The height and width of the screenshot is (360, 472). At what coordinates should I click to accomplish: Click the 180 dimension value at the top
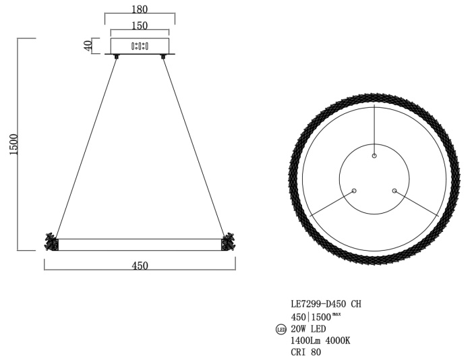pos(140,9)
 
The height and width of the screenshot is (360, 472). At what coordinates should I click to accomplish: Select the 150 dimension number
pos(140,26)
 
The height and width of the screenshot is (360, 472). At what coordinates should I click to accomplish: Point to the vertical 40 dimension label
pos(88,46)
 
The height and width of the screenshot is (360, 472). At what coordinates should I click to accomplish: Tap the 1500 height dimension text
pos(14,144)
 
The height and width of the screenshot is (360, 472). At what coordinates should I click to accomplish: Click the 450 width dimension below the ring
pos(140,266)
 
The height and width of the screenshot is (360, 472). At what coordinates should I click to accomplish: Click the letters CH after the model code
pos(356,304)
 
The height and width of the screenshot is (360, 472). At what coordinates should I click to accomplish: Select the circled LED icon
pos(281,330)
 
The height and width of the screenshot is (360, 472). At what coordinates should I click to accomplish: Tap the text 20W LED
pos(308,329)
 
